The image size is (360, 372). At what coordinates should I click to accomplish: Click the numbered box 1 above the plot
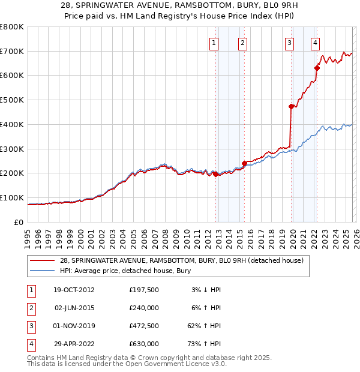click(214, 43)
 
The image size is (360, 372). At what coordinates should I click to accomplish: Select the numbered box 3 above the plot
click(289, 43)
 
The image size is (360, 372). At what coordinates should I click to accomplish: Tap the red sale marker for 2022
click(317, 68)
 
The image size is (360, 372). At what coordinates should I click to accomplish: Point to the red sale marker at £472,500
click(291, 106)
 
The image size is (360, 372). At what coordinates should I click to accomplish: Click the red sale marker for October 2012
click(215, 174)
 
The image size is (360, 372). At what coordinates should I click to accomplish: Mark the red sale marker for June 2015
click(244, 163)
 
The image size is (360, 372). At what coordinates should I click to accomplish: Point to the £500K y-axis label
click(11, 100)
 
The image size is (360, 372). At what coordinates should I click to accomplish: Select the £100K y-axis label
click(11, 197)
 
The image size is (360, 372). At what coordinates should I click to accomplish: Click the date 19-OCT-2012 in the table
click(74, 290)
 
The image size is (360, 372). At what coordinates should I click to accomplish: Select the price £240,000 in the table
click(144, 308)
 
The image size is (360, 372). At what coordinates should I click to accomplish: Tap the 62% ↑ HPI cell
click(205, 326)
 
